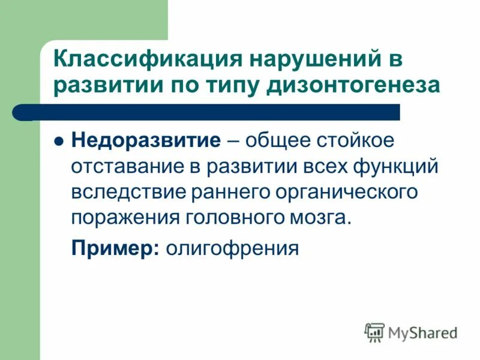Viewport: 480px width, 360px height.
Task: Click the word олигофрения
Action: (232, 247)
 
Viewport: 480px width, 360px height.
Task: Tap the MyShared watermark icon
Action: (374, 331)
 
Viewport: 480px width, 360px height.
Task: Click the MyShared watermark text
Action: (422, 332)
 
